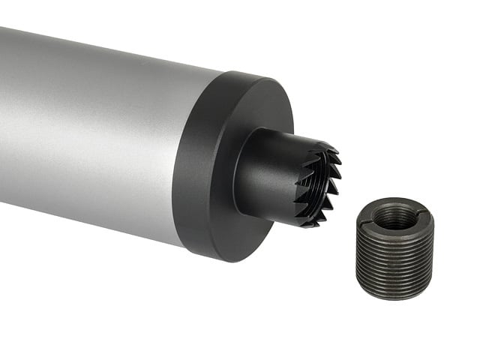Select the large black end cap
[225, 165]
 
